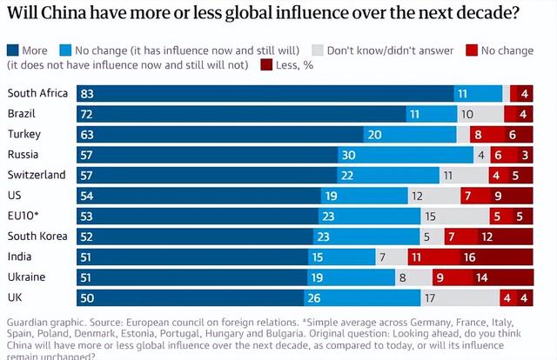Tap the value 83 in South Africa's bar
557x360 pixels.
coord(86,93)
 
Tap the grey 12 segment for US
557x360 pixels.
coord(418,195)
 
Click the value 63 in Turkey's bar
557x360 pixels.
coord(86,134)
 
